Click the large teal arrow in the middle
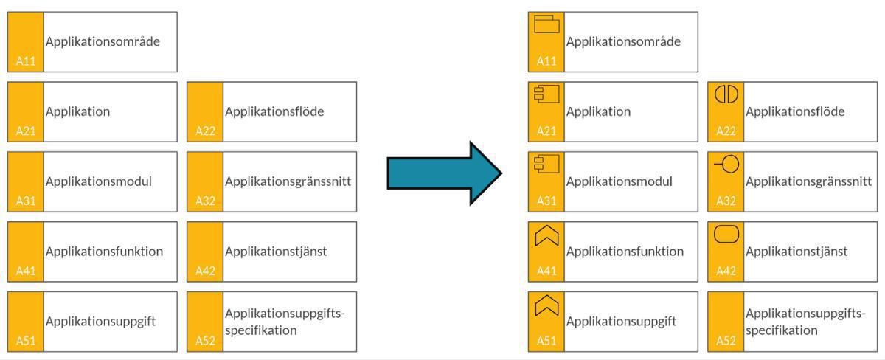(442, 173)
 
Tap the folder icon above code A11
(546, 25)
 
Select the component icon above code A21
(546, 94)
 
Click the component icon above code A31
(546, 165)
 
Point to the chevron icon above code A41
(546, 235)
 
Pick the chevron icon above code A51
(546, 305)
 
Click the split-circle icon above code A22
(726, 94)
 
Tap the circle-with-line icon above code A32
(726, 165)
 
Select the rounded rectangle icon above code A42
(726, 235)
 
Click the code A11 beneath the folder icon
(546, 61)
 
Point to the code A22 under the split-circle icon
(726, 131)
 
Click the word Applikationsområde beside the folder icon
(623, 41)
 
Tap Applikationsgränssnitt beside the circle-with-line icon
(808, 181)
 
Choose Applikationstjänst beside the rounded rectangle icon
(796, 252)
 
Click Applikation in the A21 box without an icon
(77, 111)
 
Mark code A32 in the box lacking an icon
(205, 201)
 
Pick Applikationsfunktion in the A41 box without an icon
(104, 252)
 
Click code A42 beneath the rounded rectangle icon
(726, 271)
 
